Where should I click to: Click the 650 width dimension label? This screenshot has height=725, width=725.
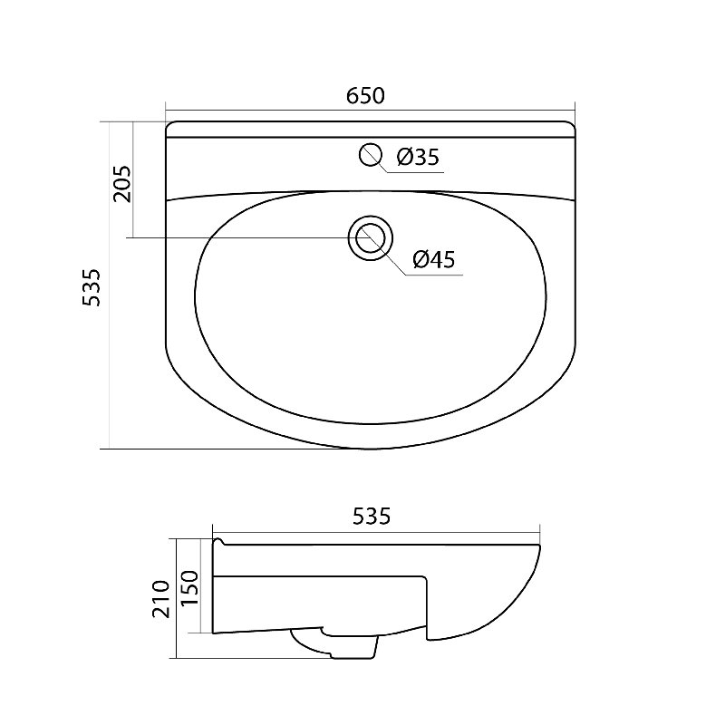[365, 95]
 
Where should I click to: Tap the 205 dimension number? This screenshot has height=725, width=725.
[122, 184]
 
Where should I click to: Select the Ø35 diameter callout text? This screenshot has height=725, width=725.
[418, 157]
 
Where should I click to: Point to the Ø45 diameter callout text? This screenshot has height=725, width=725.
[434, 259]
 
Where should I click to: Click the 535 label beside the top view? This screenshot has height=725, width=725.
[91, 286]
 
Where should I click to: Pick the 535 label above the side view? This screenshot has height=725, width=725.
[372, 516]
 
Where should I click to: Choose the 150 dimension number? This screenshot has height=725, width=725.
[189, 588]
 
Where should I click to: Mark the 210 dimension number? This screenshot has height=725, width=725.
[161, 600]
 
